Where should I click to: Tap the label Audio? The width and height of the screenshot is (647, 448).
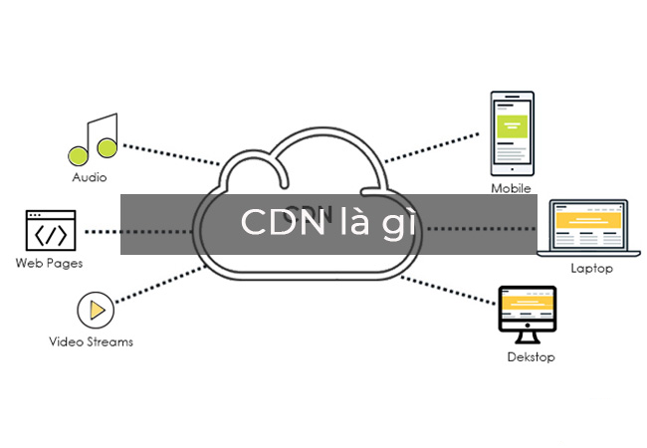(90, 178)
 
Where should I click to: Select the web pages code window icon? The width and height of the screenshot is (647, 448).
(51, 230)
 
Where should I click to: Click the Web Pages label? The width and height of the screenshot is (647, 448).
(49, 264)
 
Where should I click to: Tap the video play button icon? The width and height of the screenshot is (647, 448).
(97, 311)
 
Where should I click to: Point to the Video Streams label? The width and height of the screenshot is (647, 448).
(91, 341)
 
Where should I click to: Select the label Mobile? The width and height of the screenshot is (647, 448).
(511, 188)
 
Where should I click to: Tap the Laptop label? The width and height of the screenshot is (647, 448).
(591, 269)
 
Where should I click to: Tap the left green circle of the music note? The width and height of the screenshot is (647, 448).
(78, 154)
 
